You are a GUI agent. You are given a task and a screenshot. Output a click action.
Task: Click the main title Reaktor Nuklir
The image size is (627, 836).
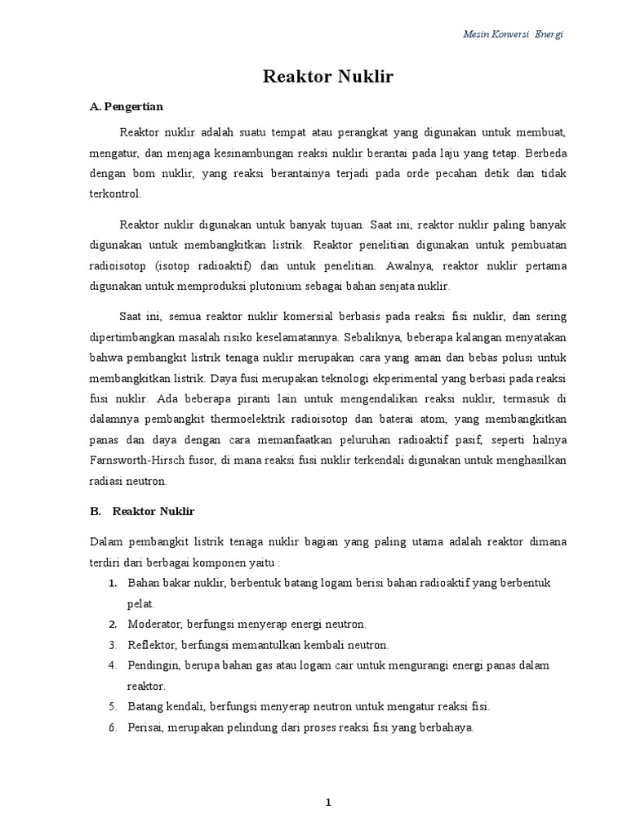pyautogui.click(x=328, y=78)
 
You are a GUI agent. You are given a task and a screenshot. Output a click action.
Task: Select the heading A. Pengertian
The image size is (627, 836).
pyautogui.click(x=126, y=107)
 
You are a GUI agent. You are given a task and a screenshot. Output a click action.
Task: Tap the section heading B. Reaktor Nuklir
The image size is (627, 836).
pyautogui.click(x=142, y=512)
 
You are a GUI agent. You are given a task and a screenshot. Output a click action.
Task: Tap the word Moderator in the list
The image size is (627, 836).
pyautogui.click(x=154, y=624)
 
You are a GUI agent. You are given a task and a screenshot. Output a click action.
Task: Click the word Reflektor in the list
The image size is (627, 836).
pyautogui.click(x=152, y=644)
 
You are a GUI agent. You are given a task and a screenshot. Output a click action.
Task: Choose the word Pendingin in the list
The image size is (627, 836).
pyautogui.click(x=153, y=665)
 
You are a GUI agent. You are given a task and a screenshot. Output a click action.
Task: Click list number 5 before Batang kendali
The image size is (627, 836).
pyautogui.click(x=112, y=706)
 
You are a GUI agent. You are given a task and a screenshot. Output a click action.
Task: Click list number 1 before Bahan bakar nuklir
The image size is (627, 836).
pyautogui.click(x=112, y=582)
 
